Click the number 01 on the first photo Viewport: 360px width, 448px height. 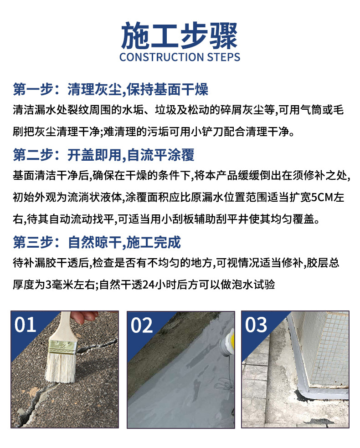[x=26, y=325]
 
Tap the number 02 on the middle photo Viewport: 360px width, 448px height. [x=142, y=326]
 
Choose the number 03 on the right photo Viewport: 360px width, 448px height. [x=256, y=325]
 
